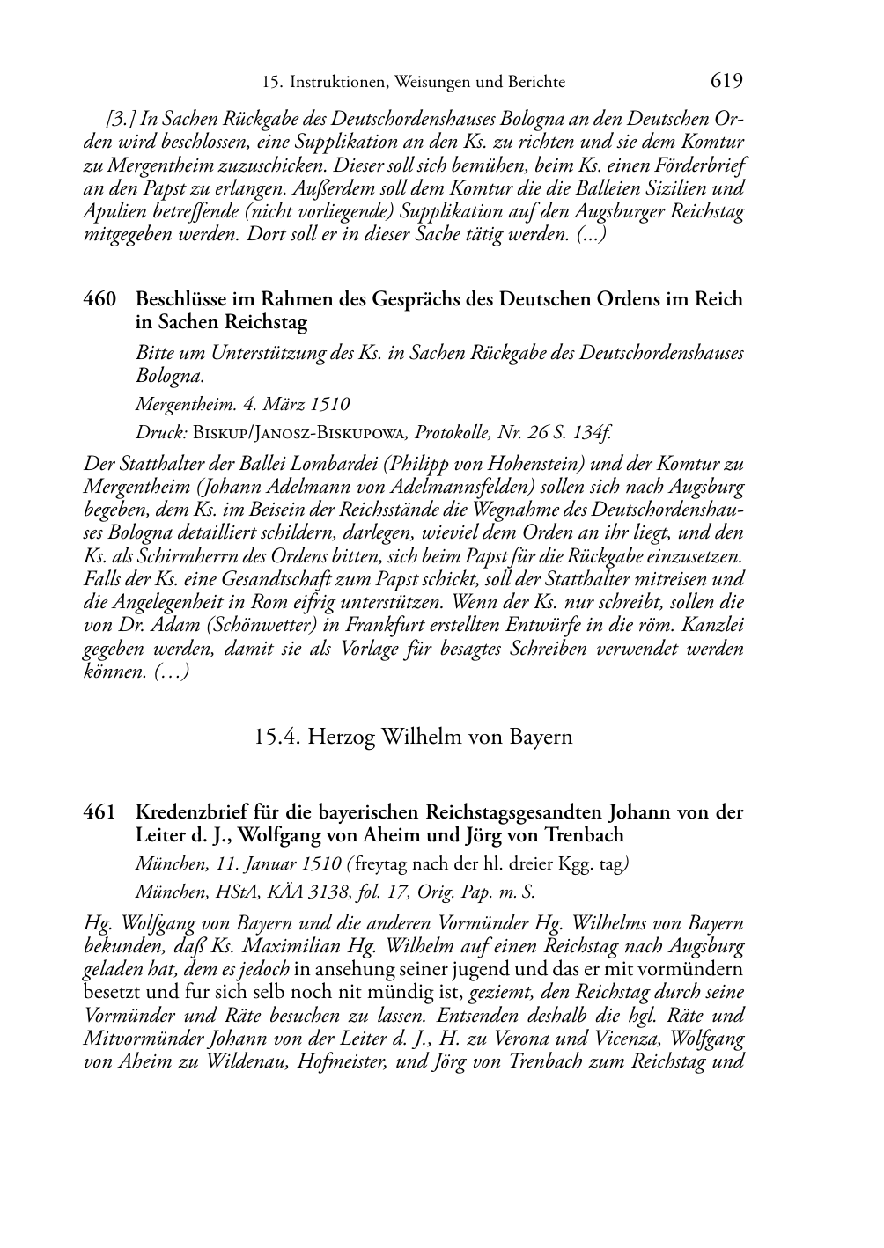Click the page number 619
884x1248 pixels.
pyautogui.click(x=726, y=81)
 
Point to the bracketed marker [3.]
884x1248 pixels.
pyautogui.click(x=121, y=119)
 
